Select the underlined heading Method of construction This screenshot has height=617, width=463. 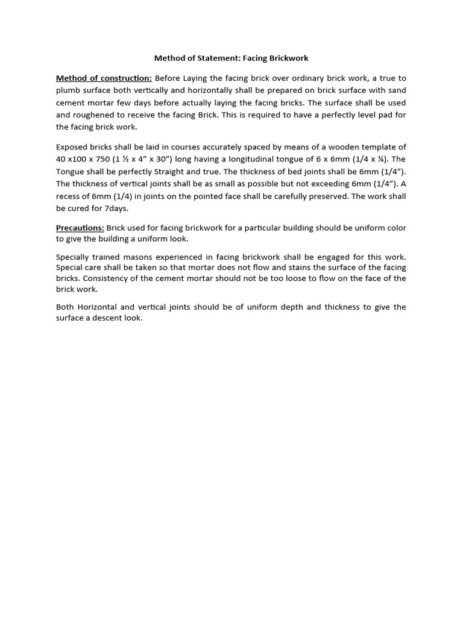[x=104, y=78]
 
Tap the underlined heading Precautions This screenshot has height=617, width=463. [x=80, y=228]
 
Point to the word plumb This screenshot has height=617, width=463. [x=68, y=90]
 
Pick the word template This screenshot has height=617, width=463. [x=373, y=147]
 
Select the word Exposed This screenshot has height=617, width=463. [x=72, y=147]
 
